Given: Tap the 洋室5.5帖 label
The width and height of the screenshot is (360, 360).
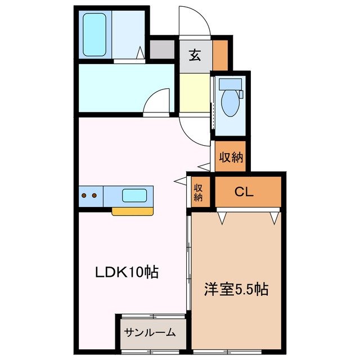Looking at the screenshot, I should pyautogui.click(x=235, y=290).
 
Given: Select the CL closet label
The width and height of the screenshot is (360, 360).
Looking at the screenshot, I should pyautogui.click(x=244, y=192).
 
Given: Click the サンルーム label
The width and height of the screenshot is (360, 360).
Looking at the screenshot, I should pyautogui.click(x=151, y=332).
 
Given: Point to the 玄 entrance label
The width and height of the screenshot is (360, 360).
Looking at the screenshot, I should pyautogui.click(x=195, y=55).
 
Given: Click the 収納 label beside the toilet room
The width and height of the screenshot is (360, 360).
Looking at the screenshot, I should pyautogui.click(x=231, y=158).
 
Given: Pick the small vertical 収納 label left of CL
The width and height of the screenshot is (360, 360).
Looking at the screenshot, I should pyautogui.click(x=199, y=193).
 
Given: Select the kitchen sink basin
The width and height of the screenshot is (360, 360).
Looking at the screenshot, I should pyautogui.click(x=135, y=196).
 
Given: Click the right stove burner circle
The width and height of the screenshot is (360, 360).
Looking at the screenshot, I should pyautogui.click(x=94, y=196).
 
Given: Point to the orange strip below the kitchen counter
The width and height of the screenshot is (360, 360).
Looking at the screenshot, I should pyautogui.click(x=133, y=211).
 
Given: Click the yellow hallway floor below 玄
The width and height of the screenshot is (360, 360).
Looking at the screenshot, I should pyautogui.click(x=195, y=92).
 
